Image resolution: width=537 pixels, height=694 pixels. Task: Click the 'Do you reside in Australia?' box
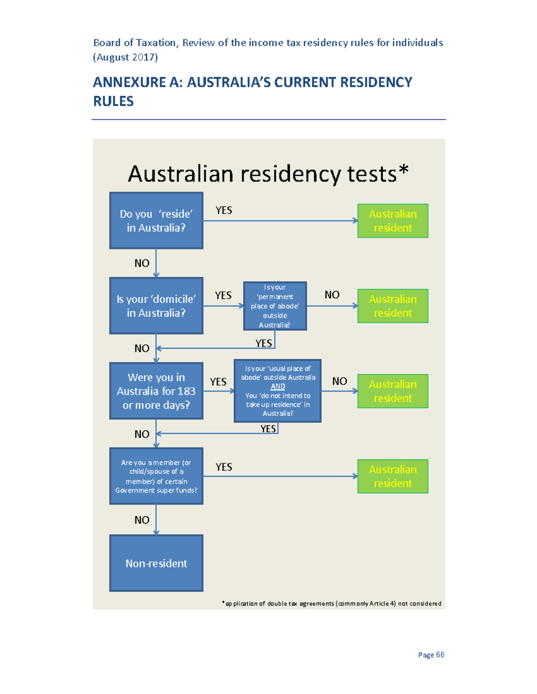156,221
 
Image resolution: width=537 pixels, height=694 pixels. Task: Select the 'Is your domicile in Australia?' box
156,306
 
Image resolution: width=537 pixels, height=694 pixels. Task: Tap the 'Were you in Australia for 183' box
156,391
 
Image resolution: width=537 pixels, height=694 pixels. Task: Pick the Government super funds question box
156,476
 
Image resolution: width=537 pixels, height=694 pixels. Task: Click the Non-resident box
156,563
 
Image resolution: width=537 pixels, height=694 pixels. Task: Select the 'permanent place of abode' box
275,306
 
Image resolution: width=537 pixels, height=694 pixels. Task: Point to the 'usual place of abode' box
277,391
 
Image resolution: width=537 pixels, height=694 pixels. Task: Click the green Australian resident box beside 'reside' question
392,221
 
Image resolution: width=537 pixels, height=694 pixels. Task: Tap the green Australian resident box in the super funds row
392,476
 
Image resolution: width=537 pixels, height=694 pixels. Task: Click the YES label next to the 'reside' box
224,210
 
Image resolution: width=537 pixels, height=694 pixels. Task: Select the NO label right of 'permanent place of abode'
332,295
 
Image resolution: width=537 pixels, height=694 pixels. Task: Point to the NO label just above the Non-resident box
142,520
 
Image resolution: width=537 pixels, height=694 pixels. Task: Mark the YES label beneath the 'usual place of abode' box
268,429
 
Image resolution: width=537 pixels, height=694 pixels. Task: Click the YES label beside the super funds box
224,467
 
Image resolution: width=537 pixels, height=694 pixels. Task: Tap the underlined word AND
278,387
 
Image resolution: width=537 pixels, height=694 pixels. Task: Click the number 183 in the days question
186,391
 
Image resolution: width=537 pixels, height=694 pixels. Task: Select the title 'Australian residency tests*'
268,174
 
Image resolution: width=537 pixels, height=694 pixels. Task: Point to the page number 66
440,655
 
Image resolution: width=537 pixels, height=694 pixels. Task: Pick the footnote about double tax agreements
332,603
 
